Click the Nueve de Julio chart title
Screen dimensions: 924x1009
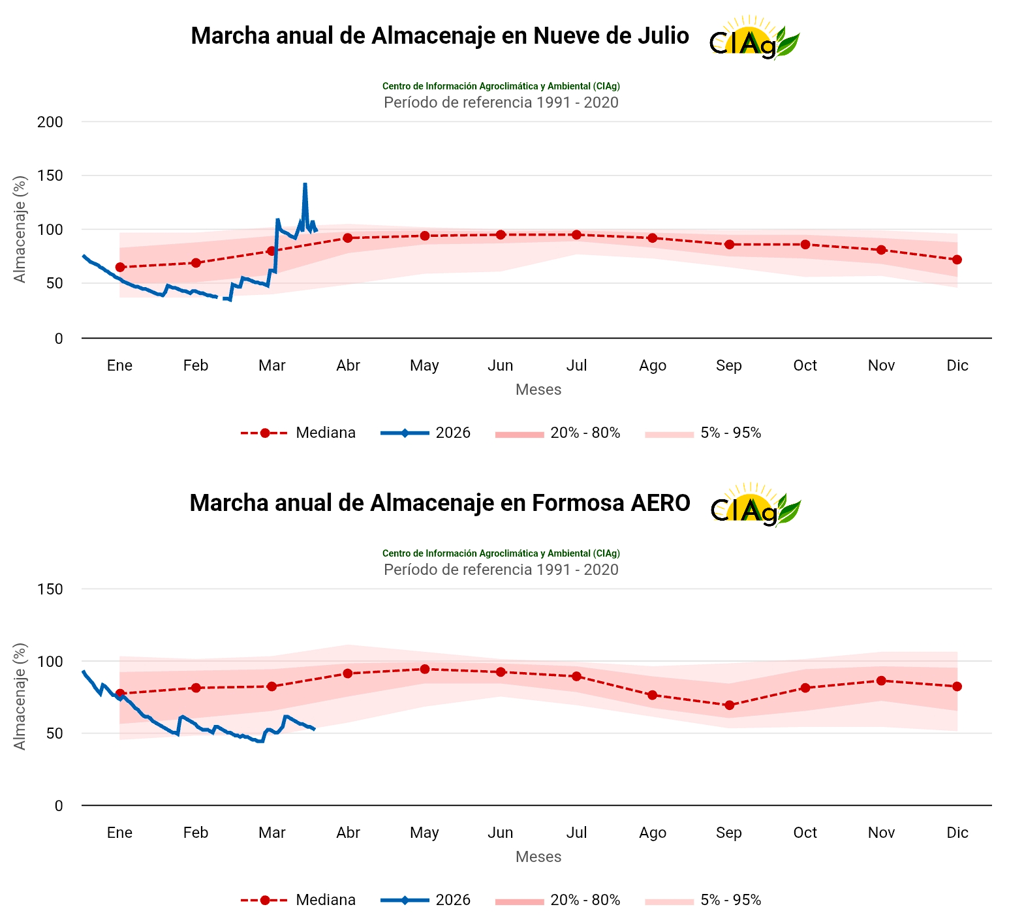click(439, 36)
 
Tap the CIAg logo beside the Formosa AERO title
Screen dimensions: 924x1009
click(754, 505)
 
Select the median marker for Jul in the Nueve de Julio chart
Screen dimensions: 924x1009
click(576, 235)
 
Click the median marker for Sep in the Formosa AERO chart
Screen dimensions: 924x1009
click(729, 705)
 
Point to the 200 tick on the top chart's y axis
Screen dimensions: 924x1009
click(50, 122)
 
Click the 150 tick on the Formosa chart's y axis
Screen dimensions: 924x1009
click(50, 589)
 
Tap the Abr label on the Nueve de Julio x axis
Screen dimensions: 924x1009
click(348, 365)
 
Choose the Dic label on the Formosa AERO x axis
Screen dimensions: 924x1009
click(957, 833)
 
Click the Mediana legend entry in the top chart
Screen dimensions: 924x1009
click(299, 433)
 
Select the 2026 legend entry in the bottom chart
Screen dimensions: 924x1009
click(426, 901)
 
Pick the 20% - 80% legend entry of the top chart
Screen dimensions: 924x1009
click(558, 433)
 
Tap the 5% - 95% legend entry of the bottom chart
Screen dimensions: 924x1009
click(704, 901)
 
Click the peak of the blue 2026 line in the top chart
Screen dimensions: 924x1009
click(305, 185)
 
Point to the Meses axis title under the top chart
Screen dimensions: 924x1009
click(538, 390)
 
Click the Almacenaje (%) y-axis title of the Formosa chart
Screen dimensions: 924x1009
click(20, 696)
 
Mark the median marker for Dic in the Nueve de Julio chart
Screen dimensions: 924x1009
click(957, 260)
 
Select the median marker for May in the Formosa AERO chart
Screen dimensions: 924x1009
click(424, 669)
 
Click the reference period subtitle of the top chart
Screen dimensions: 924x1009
click(501, 102)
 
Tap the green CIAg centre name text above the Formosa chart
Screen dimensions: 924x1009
click(501, 553)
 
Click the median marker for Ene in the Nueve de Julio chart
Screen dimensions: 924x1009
click(120, 268)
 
